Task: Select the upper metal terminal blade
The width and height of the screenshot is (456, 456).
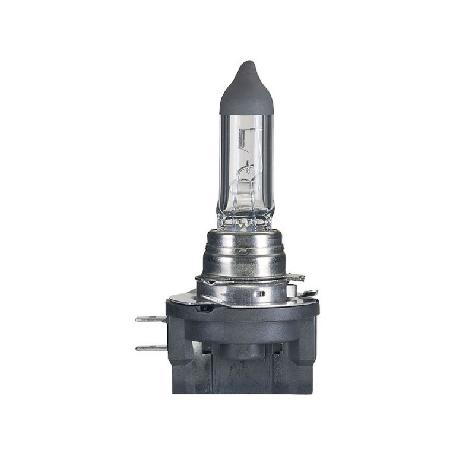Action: pyautogui.click(x=150, y=319)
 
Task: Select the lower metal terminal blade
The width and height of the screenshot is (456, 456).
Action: pyautogui.click(x=150, y=347)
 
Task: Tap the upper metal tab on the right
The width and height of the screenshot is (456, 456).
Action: pyautogui.click(x=295, y=277)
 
